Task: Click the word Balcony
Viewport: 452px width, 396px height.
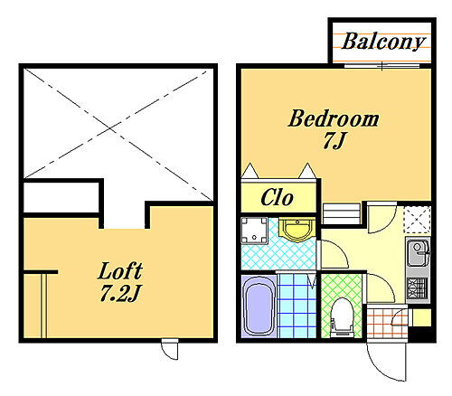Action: [383, 42]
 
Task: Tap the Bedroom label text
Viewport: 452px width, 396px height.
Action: [334, 118]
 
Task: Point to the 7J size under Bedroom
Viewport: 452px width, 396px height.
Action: [334, 140]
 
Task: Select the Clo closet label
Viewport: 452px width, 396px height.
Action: [277, 198]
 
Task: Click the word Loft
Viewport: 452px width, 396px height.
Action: [120, 271]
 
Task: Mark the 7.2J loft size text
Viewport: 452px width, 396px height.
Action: [120, 294]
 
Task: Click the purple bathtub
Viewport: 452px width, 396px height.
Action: [259, 306]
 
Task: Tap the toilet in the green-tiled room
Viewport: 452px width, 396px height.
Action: [342, 317]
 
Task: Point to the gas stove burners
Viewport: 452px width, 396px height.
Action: [418, 287]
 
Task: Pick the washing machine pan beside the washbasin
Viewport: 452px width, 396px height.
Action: [254, 231]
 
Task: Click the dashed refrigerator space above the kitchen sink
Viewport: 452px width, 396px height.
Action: [417, 220]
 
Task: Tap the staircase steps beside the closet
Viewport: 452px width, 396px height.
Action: [342, 213]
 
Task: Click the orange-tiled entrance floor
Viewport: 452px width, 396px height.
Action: [387, 323]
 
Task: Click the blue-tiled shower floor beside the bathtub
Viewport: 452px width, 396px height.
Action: [297, 306]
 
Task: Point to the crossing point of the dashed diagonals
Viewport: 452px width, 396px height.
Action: [111, 128]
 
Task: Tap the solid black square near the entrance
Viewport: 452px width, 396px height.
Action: [420, 334]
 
